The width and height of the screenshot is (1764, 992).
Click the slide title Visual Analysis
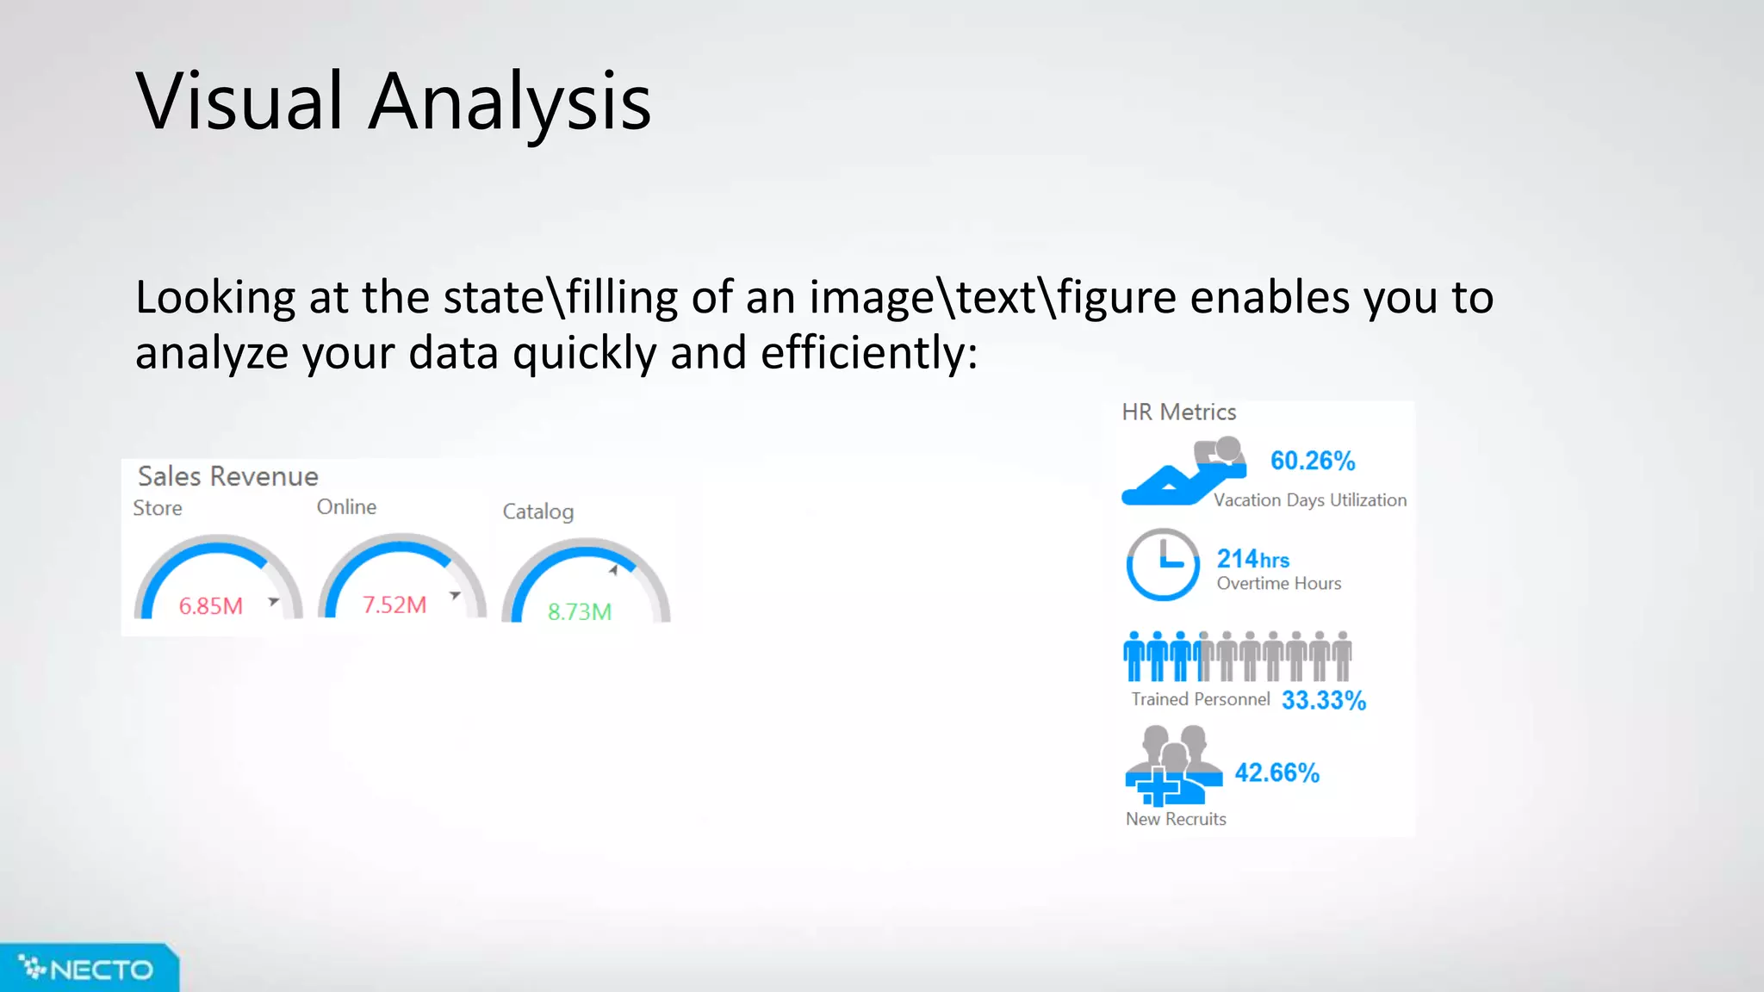point(393,102)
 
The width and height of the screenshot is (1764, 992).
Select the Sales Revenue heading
point(227,476)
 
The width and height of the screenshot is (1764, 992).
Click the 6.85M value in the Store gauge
point(210,606)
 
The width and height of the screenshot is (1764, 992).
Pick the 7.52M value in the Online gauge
point(394,604)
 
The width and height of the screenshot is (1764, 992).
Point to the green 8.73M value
point(580,611)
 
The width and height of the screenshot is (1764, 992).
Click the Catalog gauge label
point(537,512)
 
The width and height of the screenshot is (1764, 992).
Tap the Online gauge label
point(346,507)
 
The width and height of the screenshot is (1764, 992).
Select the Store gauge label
point(158,508)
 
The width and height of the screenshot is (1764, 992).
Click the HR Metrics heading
point(1178,412)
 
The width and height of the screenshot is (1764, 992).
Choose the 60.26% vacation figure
point(1313,461)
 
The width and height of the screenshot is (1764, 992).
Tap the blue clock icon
point(1163,564)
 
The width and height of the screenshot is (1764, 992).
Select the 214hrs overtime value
point(1252,559)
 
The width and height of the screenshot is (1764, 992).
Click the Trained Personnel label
point(1200,699)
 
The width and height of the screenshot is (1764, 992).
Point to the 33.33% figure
point(1324,700)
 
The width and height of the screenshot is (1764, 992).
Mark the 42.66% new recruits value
point(1276,772)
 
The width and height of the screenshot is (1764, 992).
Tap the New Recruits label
point(1176,819)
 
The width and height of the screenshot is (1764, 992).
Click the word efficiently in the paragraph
point(868,353)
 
